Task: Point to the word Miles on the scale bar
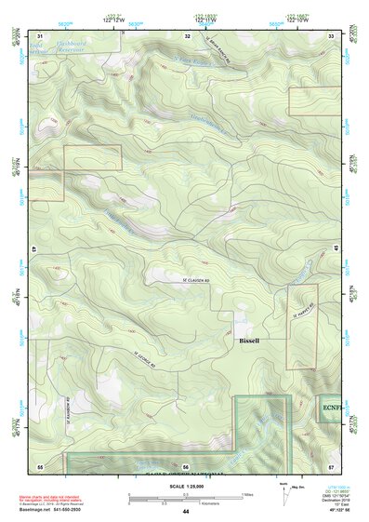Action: [247, 493]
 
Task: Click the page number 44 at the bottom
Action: [185, 512]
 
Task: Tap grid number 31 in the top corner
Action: [40, 36]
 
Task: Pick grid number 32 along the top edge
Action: [187, 36]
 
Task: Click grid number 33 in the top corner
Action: [331, 36]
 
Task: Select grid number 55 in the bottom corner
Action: [40, 465]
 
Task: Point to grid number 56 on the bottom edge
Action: [185, 465]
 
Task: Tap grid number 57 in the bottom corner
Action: [331, 465]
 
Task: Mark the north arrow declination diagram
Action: [283, 492]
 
